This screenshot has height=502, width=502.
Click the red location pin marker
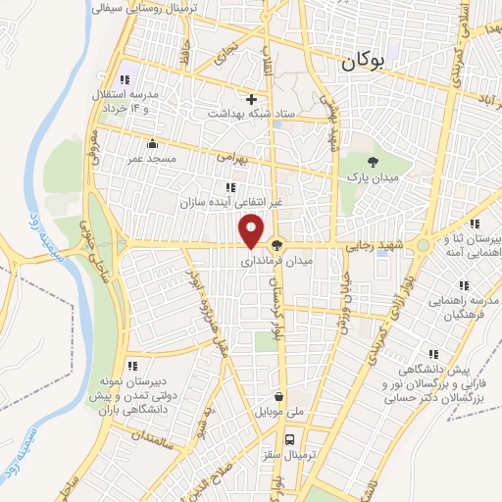pyautogui.click(x=252, y=229)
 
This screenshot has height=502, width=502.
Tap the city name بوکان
pyautogui.click(x=364, y=62)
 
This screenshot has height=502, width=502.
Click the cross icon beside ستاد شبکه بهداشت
pyautogui.click(x=252, y=99)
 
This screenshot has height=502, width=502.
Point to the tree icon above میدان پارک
pyautogui.click(x=372, y=161)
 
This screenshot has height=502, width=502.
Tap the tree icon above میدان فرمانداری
pyautogui.click(x=277, y=246)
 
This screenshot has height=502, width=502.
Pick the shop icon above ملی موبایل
pyautogui.click(x=281, y=397)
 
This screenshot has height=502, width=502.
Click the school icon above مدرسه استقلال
pyautogui.click(x=124, y=79)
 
